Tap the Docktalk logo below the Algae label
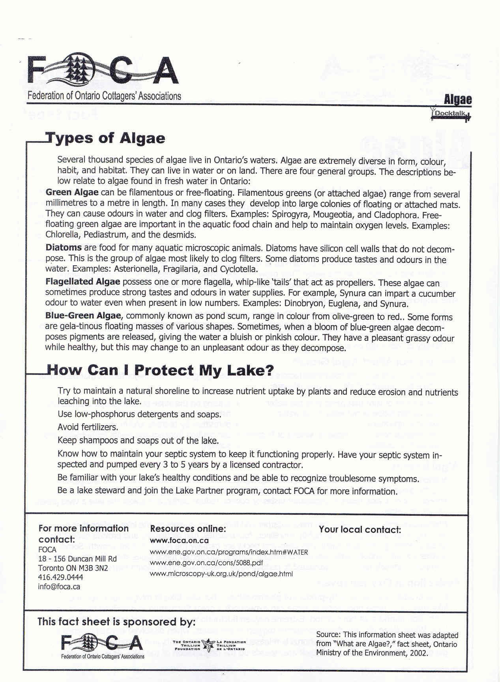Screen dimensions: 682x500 click(x=451, y=114)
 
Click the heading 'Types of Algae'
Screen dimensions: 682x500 click(x=105, y=138)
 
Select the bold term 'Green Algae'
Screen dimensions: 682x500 click(x=72, y=193)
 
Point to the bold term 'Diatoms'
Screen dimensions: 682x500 click(x=64, y=248)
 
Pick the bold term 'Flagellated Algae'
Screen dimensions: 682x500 click(x=82, y=282)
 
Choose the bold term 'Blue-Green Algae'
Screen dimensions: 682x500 click(x=83, y=316)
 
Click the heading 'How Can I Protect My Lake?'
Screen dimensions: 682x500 click(x=160, y=370)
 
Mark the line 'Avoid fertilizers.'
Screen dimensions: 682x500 click(x=88, y=427)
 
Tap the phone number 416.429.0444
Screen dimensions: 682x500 click(x=60, y=577)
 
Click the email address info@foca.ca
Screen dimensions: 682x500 click(x=59, y=587)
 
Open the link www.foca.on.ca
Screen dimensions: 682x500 click(x=180, y=541)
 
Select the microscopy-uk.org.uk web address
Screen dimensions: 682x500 click(x=221, y=574)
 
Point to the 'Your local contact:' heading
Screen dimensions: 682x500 click(x=360, y=529)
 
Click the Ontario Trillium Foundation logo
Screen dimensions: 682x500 click(x=209, y=646)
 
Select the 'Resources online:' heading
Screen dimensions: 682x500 click(x=188, y=529)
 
